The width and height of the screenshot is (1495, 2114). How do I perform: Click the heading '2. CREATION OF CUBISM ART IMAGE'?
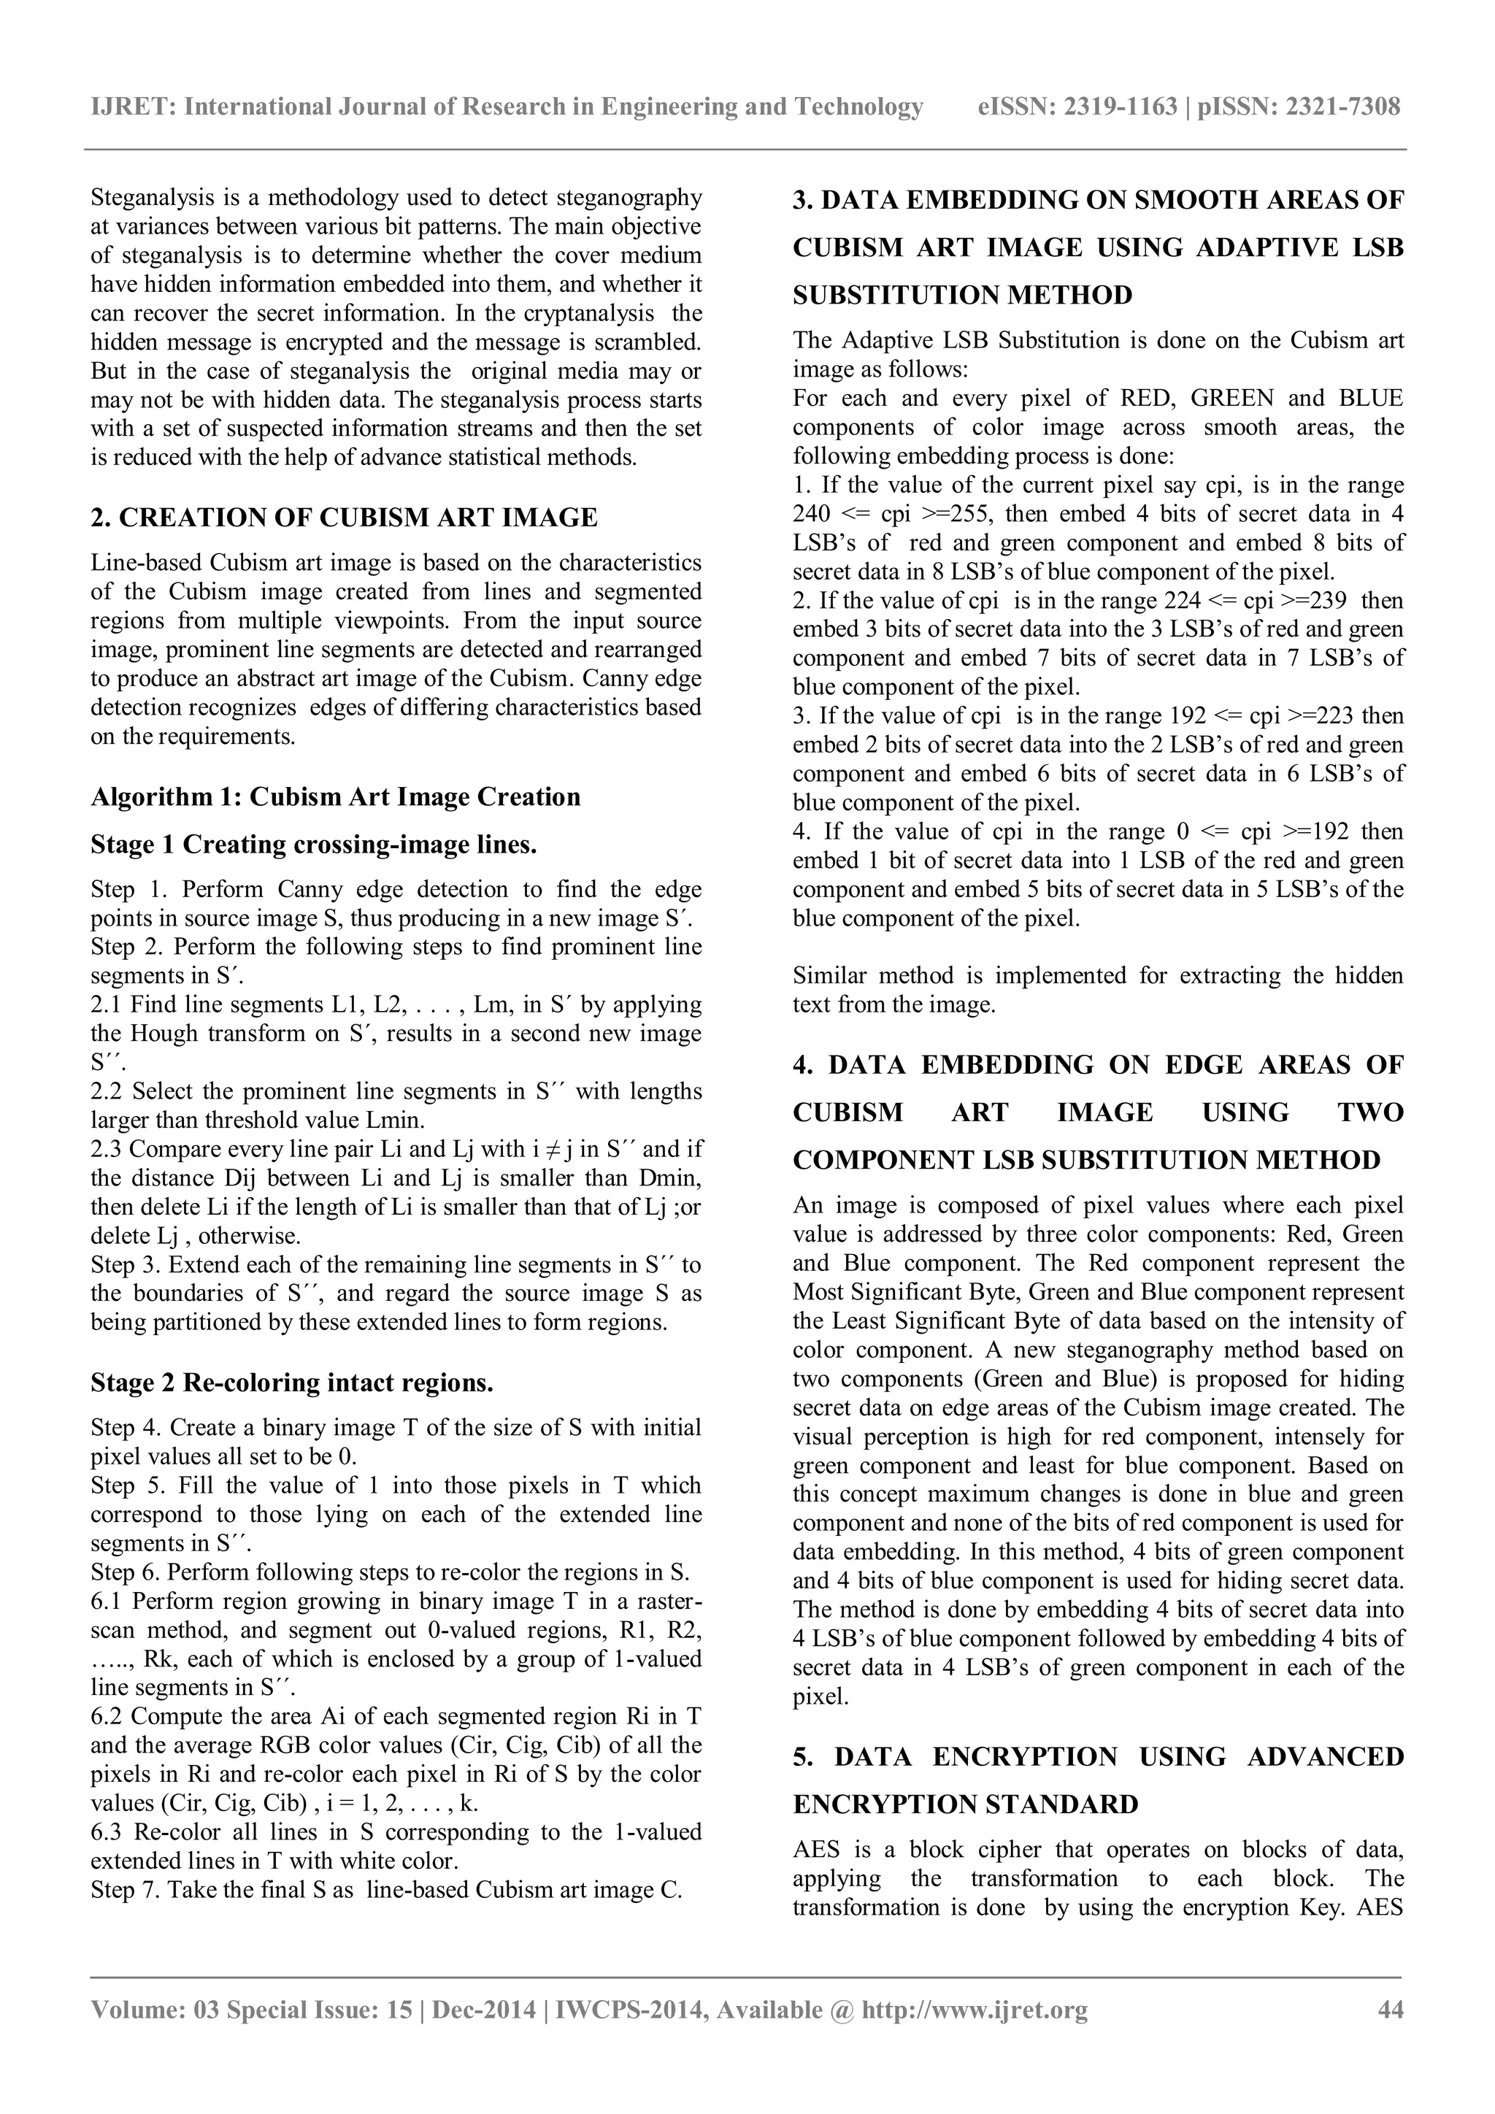343,518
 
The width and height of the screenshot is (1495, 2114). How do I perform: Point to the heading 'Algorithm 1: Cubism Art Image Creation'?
335,796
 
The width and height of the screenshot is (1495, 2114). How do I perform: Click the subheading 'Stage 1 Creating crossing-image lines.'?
313,845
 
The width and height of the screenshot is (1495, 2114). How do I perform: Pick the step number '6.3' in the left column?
109,1832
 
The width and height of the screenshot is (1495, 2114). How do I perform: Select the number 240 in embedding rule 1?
811,515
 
